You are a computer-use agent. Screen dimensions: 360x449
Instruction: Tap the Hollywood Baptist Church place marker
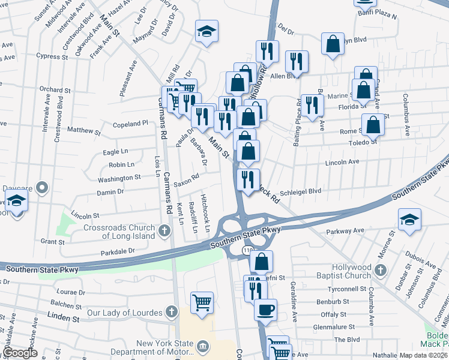379,271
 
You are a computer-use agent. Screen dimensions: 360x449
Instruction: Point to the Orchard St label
55,90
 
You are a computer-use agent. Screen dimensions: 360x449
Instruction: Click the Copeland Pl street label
130,124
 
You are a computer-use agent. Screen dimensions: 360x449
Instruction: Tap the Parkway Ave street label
345,231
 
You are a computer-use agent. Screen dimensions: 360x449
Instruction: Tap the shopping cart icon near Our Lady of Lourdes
202,302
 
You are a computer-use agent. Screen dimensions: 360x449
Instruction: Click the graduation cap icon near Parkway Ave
409,220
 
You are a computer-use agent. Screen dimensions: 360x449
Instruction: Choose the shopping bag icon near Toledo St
373,124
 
